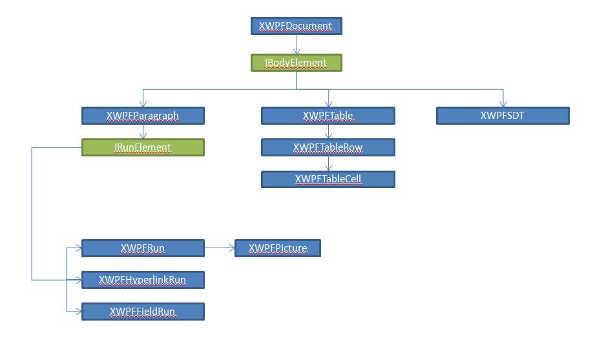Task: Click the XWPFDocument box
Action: (x=296, y=26)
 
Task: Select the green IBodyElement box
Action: (x=296, y=63)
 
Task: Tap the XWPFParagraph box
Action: (x=143, y=116)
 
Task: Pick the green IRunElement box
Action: (x=143, y=147)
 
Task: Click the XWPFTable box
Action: (x=328, y=116)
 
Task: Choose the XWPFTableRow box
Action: (x=328, y=147)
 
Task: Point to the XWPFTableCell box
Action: (x=328, y=179)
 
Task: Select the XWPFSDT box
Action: (x=503, y=116)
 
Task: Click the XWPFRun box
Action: (x=143, y=248)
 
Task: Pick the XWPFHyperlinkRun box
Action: (x=143, y=280)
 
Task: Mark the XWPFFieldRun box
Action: (x=143, y=312)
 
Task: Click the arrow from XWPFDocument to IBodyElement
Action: (x=296, y=45)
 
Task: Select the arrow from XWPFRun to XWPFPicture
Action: (x=219, y=248)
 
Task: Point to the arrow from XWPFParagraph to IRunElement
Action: (x=143, y=132)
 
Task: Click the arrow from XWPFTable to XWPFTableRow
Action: (x=328, y=132)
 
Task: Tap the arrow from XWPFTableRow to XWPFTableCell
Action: (x=328, y=164)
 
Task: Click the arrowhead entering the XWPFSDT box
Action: (x=503, y=104)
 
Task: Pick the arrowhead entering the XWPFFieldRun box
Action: (x=78, y=312)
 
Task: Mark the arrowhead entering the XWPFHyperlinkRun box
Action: (x=78, y=280)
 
